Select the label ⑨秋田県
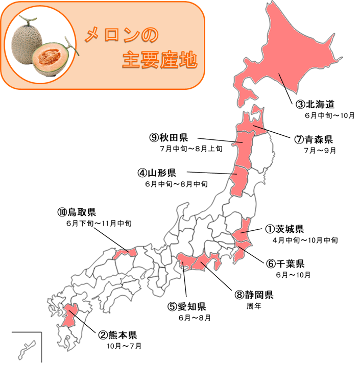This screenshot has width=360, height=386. [169, 137]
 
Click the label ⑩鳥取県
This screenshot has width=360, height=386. [77, 212]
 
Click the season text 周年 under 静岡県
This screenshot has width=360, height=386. [254, 306]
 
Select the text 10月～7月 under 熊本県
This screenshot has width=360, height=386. [122, 346]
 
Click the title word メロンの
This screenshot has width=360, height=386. [121, 36]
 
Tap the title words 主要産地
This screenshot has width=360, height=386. [159, 60]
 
